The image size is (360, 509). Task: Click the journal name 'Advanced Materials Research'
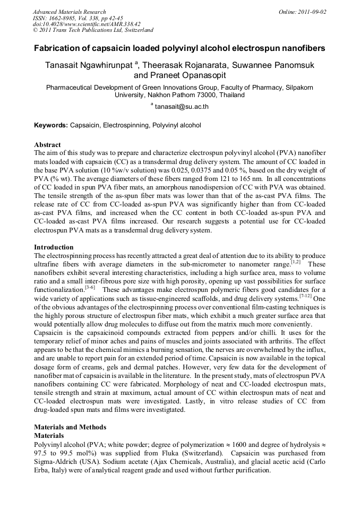pyautogui.click(x=70, y=12)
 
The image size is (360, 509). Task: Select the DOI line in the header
pyautogui.click(x=87, y=24)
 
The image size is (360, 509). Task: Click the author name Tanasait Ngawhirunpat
pyautogui.click(x=88, y=65)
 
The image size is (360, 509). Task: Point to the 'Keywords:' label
pyautogui.click(x=51, y=126)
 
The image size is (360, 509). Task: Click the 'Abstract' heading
pyautogui.click(x=47, y=144)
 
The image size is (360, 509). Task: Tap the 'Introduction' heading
pyautogui.click(x=54, y=247)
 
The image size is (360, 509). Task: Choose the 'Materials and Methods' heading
pyautogui.click(x=70, y=427)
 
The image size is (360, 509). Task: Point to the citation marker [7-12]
pyautogui.click(x=305, y=296)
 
